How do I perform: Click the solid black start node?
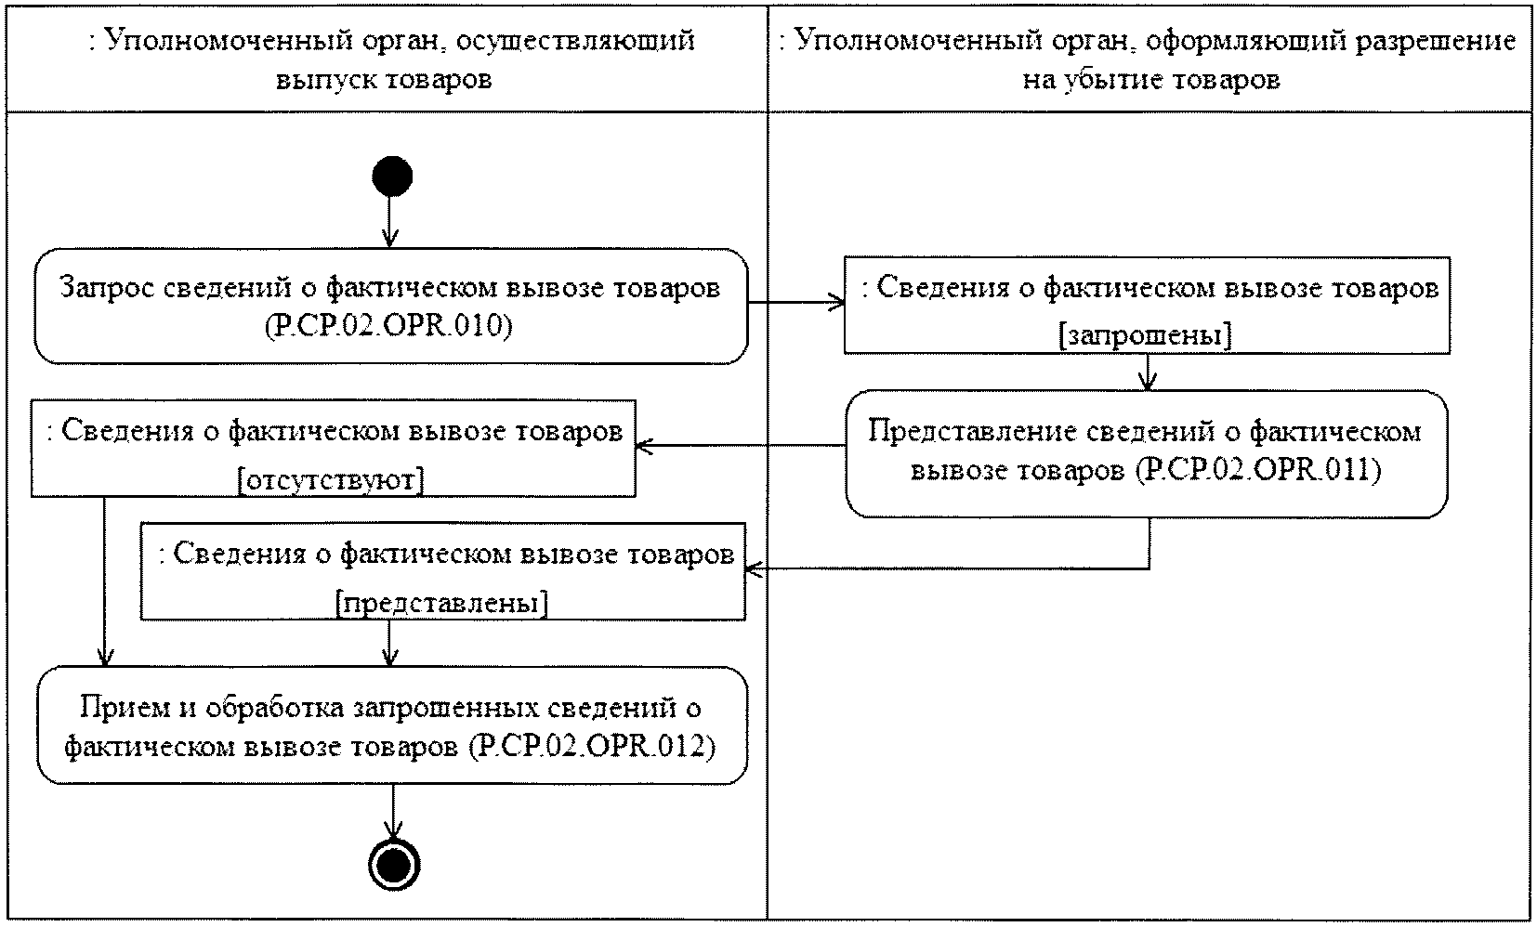(x=392, y=176)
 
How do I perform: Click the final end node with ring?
(x=394, y=865)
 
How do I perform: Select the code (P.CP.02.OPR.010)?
(x=389, y=326)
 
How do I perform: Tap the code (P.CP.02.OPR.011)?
(x=1258, y=470)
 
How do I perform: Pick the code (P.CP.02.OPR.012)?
(x=592, y=747)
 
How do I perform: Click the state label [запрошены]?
(x=1145, y=335)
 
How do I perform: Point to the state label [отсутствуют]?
(x=331, y=479)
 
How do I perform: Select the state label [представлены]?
(x=442, y=604)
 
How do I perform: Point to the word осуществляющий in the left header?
(x=575, y=41)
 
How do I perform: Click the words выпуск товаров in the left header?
(x=384, y=80)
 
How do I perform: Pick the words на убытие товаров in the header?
(x=1151, y=80)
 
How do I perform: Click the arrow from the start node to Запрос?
(x=390, y=221)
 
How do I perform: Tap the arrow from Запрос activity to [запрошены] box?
(x=796, y=303)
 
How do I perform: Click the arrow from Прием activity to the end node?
(x=393, y=812)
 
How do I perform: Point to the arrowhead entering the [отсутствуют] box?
(x=644, y=447)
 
